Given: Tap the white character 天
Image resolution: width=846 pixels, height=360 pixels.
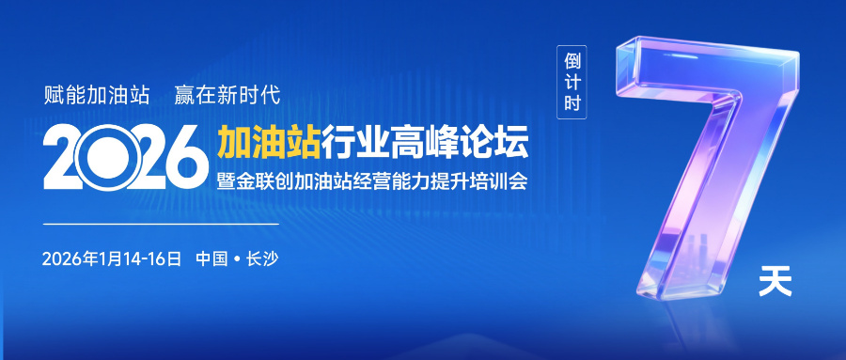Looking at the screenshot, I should click(775, 282).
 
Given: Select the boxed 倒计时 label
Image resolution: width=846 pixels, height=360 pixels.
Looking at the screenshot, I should click(571, 83).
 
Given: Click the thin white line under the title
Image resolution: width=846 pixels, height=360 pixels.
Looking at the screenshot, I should click(161, 225).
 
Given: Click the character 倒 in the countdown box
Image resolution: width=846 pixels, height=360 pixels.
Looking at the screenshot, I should click(571, 59).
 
